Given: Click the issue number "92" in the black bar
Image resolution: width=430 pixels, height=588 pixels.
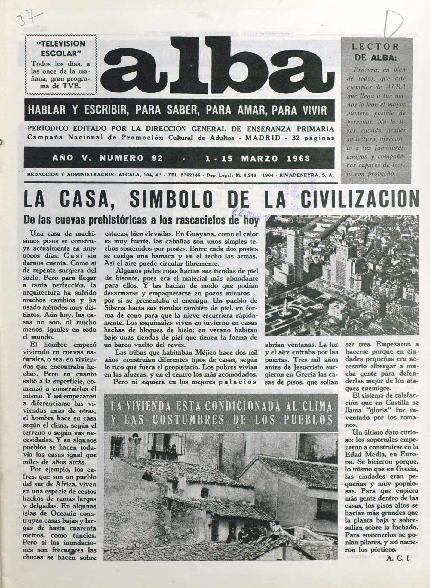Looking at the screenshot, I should coord(157,158).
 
